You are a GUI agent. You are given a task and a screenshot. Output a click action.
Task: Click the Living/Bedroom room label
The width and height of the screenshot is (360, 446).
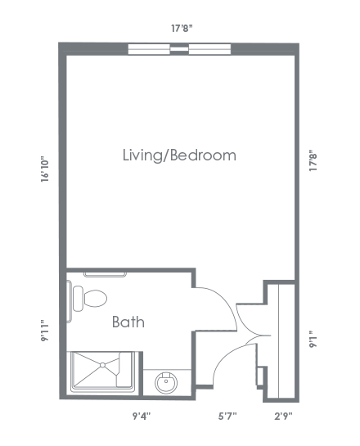point(179,155)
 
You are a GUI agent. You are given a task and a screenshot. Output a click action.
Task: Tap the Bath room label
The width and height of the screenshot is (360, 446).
point(128,322)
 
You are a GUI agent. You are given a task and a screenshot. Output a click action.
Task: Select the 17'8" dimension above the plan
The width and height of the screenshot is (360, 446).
point(182,29)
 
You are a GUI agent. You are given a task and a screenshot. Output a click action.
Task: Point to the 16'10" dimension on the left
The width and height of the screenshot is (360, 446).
point(45,169)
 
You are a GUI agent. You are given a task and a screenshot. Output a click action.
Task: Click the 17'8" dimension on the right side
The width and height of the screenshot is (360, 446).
point(313,162)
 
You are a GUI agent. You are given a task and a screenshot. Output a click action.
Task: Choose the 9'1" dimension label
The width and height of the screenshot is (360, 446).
point(313,339)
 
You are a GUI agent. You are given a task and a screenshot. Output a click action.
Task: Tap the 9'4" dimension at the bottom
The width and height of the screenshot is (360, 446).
point(142,417)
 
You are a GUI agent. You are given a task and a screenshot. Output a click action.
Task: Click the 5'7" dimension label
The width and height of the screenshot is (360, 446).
point(227,417)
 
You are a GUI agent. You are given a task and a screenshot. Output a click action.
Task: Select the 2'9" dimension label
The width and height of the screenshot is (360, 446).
point(283,417)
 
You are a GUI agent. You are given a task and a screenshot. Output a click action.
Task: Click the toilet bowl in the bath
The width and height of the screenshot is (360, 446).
point(95,299)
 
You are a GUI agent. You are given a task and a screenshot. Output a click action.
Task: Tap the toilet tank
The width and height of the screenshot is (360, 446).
point(78,299)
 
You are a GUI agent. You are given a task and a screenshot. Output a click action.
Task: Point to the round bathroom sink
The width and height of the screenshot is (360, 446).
point(166,382)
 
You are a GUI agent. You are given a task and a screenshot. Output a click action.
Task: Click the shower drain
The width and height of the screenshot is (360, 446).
point(102,365)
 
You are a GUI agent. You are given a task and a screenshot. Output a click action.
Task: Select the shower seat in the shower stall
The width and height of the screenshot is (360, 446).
point(124,370)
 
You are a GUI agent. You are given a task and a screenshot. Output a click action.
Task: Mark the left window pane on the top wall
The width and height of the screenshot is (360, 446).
point(149,49)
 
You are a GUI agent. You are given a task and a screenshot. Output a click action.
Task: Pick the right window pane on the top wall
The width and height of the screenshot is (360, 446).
point(209,49)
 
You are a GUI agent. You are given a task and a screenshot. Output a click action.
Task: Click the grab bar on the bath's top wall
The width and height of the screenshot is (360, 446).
point(105,275)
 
